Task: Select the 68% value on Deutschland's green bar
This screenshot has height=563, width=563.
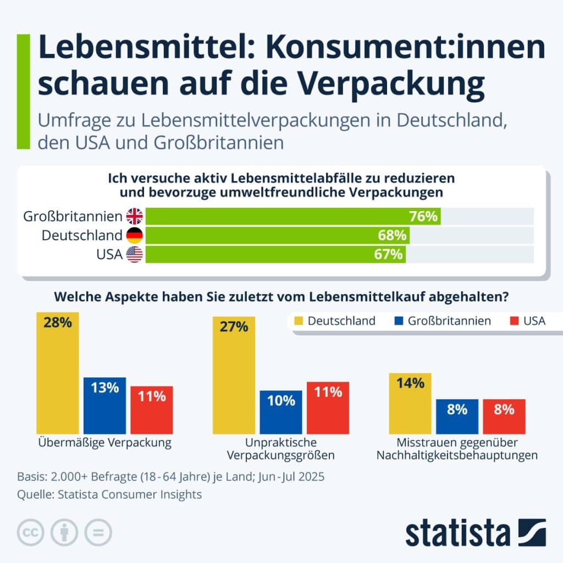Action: pos(393,235)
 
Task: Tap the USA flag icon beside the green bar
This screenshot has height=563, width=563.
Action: pos(134,254)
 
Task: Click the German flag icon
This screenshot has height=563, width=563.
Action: pos(134,235)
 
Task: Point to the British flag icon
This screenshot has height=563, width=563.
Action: pos(134,216)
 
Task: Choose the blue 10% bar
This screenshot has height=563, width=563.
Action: pos(281,412)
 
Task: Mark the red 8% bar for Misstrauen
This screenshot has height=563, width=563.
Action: pos(504,416)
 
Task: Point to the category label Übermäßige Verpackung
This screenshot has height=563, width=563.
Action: pos(104,443)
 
